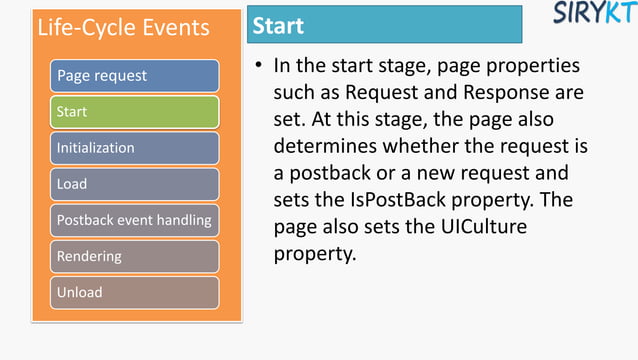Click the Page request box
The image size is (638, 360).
click(135, 76)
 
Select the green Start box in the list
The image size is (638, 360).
click(135, 112)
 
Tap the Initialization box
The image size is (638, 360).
click(135, 148)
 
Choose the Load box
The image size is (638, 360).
click(135, 184)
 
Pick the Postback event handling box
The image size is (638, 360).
click(135, 220)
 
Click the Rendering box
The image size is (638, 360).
click(135, 256)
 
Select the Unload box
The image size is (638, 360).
click(135, 292)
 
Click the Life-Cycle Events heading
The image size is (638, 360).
click(123, 27)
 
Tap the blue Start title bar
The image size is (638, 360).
click(385, 25)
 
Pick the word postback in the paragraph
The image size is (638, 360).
click(330, 174)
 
